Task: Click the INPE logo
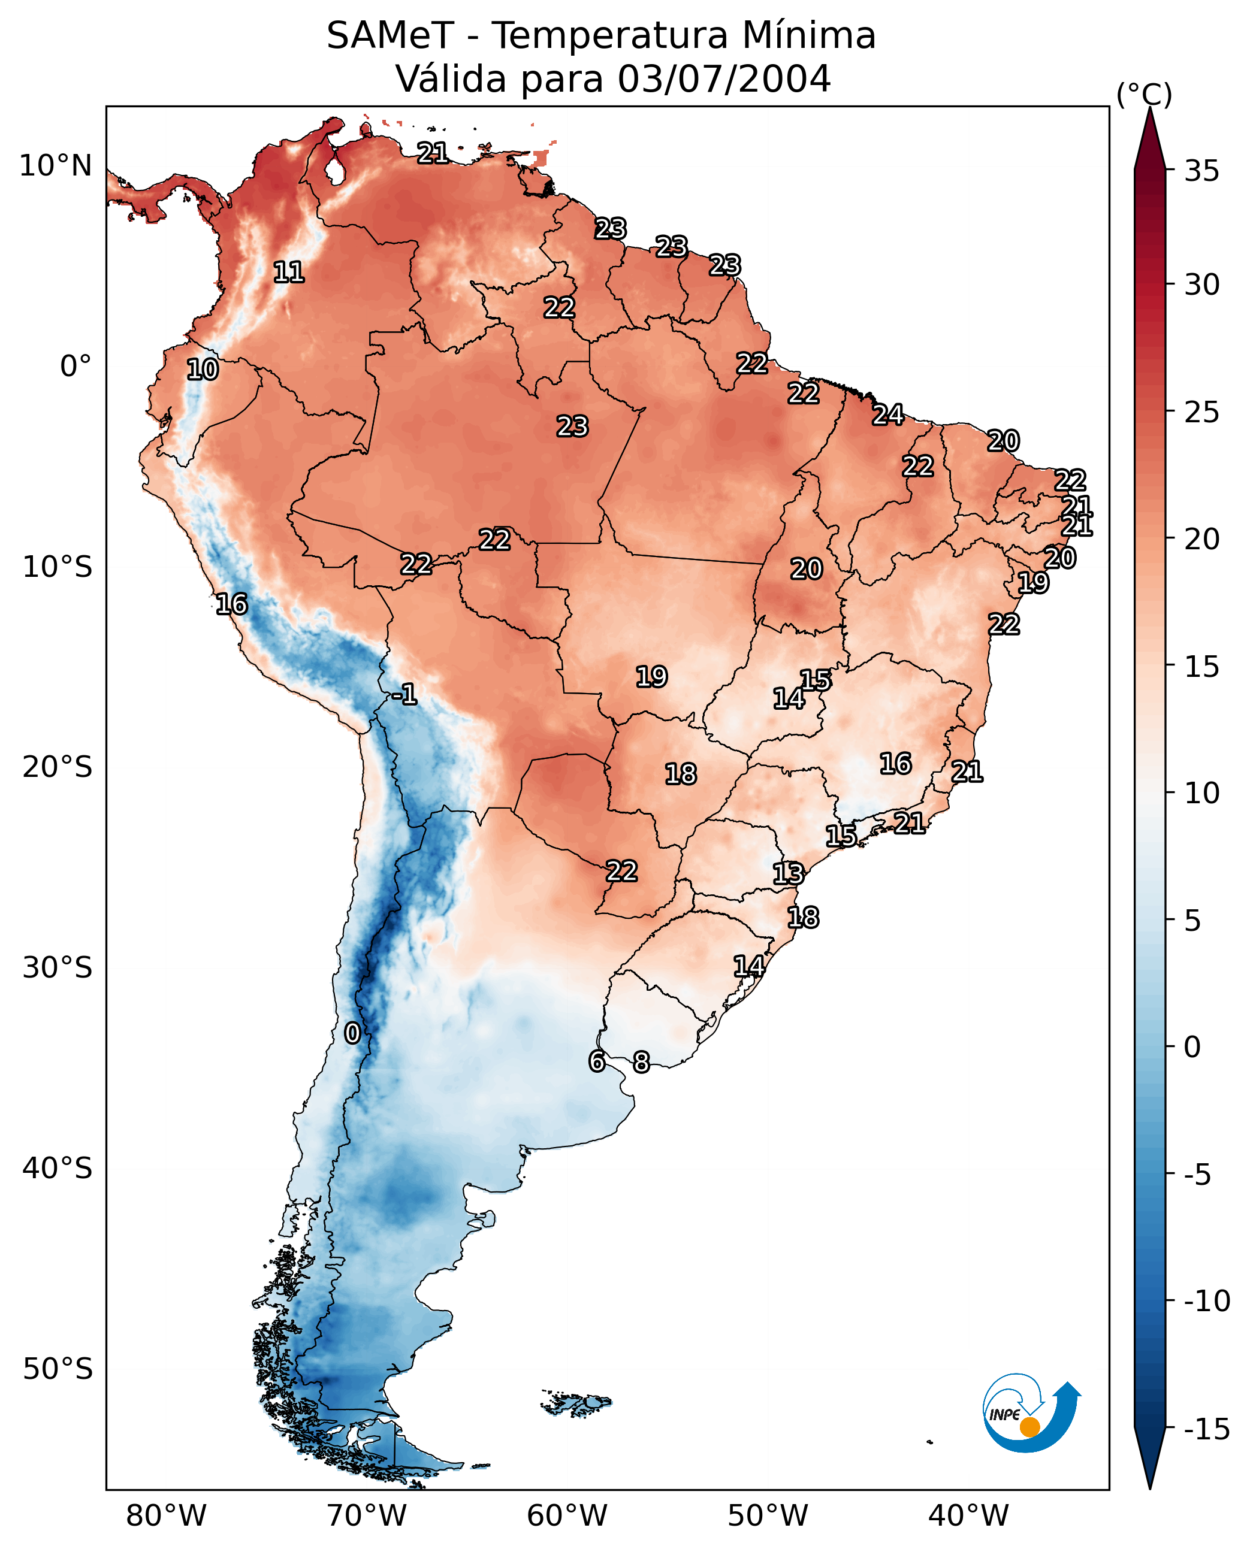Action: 1031,1414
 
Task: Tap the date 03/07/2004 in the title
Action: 724,79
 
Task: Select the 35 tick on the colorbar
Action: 1201,171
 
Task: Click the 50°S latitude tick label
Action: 58,1368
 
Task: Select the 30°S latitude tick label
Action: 58,967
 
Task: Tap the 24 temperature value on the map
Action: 888,415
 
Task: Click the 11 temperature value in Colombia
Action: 289,272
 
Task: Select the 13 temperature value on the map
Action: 789,874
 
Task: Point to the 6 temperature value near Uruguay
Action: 597,1061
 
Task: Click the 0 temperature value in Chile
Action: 352,1033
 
